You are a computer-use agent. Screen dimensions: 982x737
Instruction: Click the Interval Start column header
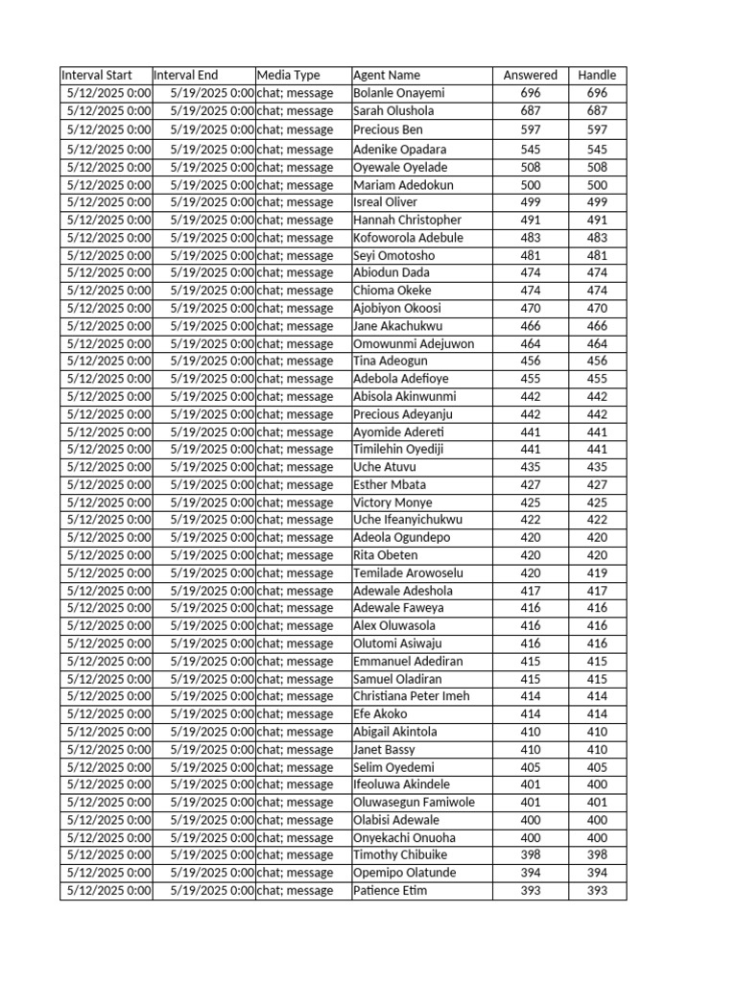pyautogui.click(x=96, y=75)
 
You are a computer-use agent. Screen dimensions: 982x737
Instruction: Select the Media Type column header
pyautogui.click(x=289, y=75)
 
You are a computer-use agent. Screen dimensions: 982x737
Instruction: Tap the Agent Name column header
pyautogui.click(x=387, y=75)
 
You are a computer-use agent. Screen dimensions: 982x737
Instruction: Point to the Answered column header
pyautogui.click(x=531, y=75)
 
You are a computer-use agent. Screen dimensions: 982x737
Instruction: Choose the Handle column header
pyautogui.click(x=597, y=75)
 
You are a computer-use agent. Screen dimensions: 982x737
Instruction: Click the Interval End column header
pyautogui.click(x=186, y=75)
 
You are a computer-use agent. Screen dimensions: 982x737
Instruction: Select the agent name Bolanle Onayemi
pyautogui.click(x=399, y=93)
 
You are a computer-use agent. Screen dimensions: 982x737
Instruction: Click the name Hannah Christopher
pyautogui.click(x=407, y=220)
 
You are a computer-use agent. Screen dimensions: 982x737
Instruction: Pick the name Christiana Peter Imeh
pyautogui.click(x=412, y=696)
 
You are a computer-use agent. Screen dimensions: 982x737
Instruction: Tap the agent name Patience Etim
pyautogui.click(x=390, y=891)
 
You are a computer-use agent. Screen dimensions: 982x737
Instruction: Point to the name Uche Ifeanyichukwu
pyautogui.click(x=408, y=520)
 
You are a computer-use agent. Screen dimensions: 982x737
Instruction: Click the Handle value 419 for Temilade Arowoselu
pyautogui.click(x=597, y=573)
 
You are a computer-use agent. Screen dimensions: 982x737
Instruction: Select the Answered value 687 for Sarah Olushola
pyautogui.click(x=531, y=111)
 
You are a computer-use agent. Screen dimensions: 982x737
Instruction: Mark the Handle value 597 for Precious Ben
pyautogui.click(x=597, y=129)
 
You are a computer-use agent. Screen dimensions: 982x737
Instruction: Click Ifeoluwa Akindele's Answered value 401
pyautogui.click(x=531, y=784)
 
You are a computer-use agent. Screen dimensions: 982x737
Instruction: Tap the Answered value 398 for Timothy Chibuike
pyautogui.click(x=531, y=854)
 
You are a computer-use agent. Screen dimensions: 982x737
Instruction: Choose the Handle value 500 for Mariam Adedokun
pyautogui.click(x=597, y=185)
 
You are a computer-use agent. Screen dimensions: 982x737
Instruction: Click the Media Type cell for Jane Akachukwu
pyautogui.click(x=296, y=326)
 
